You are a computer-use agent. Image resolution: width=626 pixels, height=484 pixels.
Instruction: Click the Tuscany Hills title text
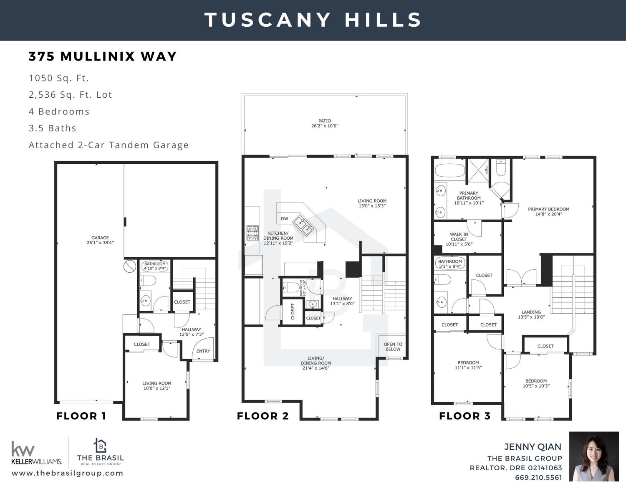coord(313,20)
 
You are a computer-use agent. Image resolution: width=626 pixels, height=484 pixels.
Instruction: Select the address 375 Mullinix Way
coord(103,56)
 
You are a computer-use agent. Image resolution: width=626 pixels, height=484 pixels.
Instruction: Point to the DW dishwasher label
coord(285,218)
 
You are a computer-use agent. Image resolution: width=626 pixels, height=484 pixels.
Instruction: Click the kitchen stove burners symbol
coord(252,233)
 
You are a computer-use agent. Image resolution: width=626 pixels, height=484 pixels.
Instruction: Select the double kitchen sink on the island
coord(303,226)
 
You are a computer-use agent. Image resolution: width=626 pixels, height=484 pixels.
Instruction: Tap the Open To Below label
coord(393,347)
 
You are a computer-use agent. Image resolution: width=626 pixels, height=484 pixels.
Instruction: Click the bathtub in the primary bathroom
coord(450,170)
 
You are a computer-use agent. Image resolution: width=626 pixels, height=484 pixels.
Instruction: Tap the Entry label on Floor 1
coord(203,351)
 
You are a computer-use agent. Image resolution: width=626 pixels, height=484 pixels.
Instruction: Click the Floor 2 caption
coord(263,416)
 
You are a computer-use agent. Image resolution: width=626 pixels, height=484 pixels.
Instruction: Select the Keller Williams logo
coord(37,453)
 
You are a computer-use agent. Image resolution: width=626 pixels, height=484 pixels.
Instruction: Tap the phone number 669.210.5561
coord(538,477)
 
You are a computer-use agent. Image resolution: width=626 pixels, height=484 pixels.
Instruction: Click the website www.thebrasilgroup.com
coord(68,473)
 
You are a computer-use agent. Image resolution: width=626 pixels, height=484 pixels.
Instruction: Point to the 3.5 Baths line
coord(53,128)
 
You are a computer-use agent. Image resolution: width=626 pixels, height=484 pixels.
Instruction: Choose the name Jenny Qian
coord(533,446)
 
